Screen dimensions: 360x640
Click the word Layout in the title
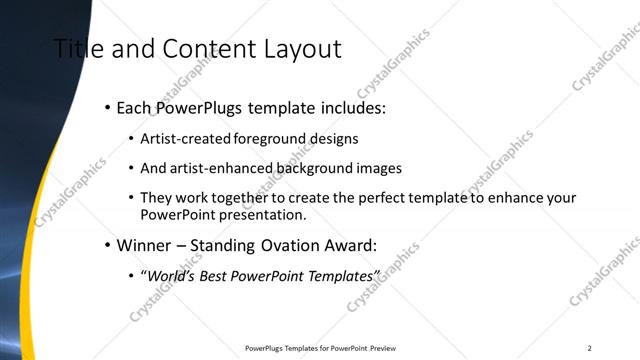click(301, 49)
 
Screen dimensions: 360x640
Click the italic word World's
click(172, 274)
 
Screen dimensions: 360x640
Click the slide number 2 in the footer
click(590, 348)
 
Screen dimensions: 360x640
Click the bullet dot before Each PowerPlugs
click(107, 107)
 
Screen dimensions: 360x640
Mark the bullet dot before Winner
click(107, 244)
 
